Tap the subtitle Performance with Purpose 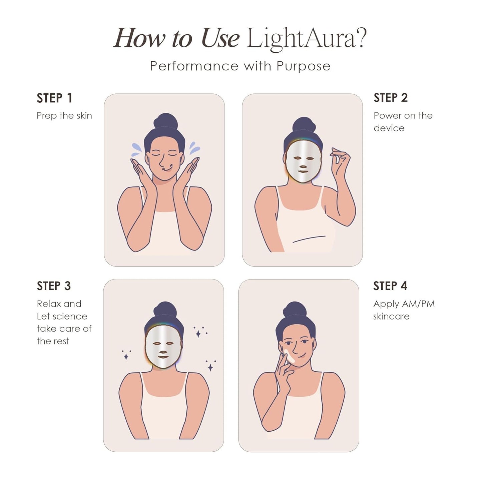240,66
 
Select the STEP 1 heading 54,98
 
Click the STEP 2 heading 391,98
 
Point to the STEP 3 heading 54,286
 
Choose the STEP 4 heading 390,286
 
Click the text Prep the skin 64,116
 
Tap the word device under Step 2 389,128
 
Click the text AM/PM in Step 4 418,304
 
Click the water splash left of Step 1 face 136,149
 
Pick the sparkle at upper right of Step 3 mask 199,333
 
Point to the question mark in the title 361,38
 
